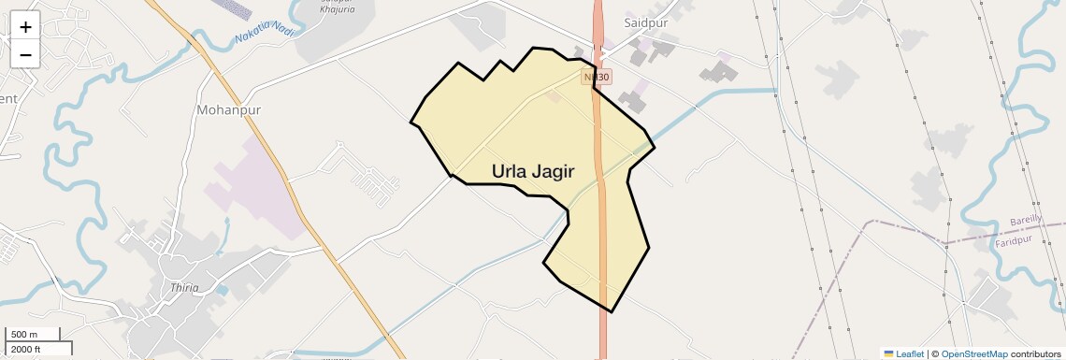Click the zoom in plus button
[25, 28]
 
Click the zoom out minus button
[25, 55]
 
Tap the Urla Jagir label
[533, 171]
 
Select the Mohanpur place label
[228, 109]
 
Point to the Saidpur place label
[644, 22]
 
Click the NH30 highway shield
[596, 77]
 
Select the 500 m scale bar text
[23, 334]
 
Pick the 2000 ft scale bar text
[26, 350]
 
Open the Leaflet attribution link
[910, 353]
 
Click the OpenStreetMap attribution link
[974, 353]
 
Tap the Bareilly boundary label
[1031, 221]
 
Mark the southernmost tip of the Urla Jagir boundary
[612, 311]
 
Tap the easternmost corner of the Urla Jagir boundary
[655, 147]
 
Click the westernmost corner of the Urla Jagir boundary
[411, 122]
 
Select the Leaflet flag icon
[888, 353]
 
